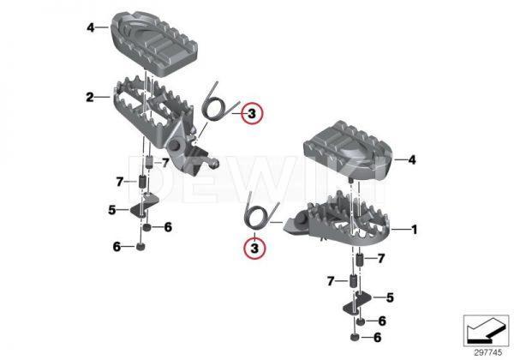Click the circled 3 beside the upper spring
252,113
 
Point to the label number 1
415,229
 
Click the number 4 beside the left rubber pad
88,27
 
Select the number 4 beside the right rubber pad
411,159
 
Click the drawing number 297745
482,350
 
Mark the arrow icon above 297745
481,328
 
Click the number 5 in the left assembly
112,208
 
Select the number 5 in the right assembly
390,297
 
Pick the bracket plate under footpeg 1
361,300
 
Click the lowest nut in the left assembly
138,248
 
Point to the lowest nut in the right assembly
359,339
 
